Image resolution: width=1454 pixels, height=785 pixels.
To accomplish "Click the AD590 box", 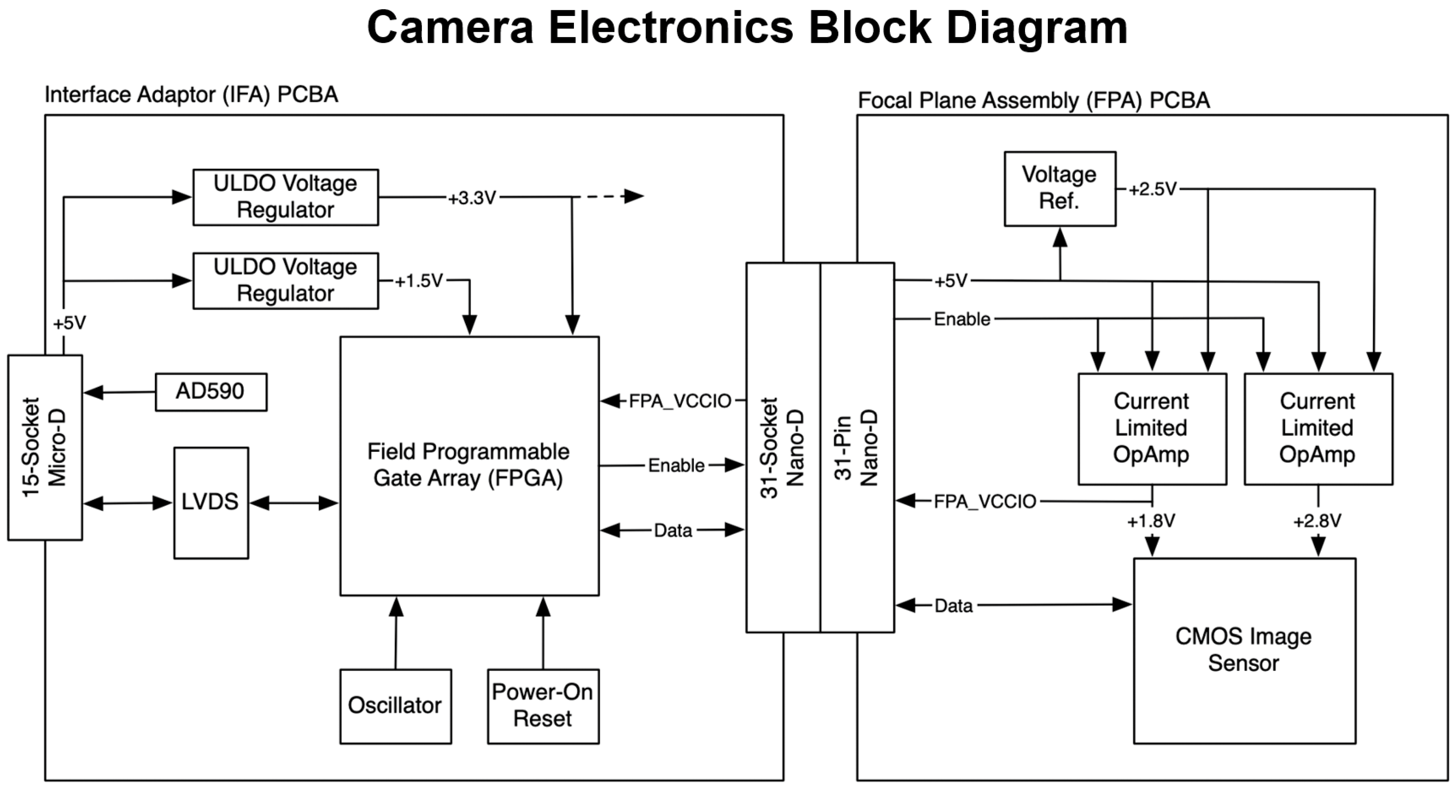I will point(211,392).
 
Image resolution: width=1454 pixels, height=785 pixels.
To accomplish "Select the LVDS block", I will point(211,502).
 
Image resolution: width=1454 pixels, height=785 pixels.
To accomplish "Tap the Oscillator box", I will point(395,706).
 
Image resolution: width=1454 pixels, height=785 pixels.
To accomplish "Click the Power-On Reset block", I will point(543,706).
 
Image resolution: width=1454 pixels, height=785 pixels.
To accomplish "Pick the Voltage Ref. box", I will point(1060,188).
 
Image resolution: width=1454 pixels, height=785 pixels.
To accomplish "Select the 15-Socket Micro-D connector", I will point(45,447).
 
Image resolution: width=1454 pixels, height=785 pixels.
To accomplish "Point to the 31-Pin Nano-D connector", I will point(857,447).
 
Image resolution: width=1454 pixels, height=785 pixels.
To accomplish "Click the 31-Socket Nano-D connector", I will point(783,447).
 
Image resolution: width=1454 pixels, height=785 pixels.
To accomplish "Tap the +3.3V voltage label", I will point(472,198).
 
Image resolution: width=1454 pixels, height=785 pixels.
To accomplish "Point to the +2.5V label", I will point(1152,189).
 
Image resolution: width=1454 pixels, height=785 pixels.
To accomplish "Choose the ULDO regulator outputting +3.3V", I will point(285,197).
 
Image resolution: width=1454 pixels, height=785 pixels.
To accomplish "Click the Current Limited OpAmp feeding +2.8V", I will point(1318,428).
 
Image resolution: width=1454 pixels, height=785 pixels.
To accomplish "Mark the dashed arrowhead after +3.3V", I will point(633,196).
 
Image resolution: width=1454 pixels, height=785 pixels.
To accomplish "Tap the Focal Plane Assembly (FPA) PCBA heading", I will point(1033,101).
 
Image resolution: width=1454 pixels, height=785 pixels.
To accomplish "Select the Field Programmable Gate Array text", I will point(468,452).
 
